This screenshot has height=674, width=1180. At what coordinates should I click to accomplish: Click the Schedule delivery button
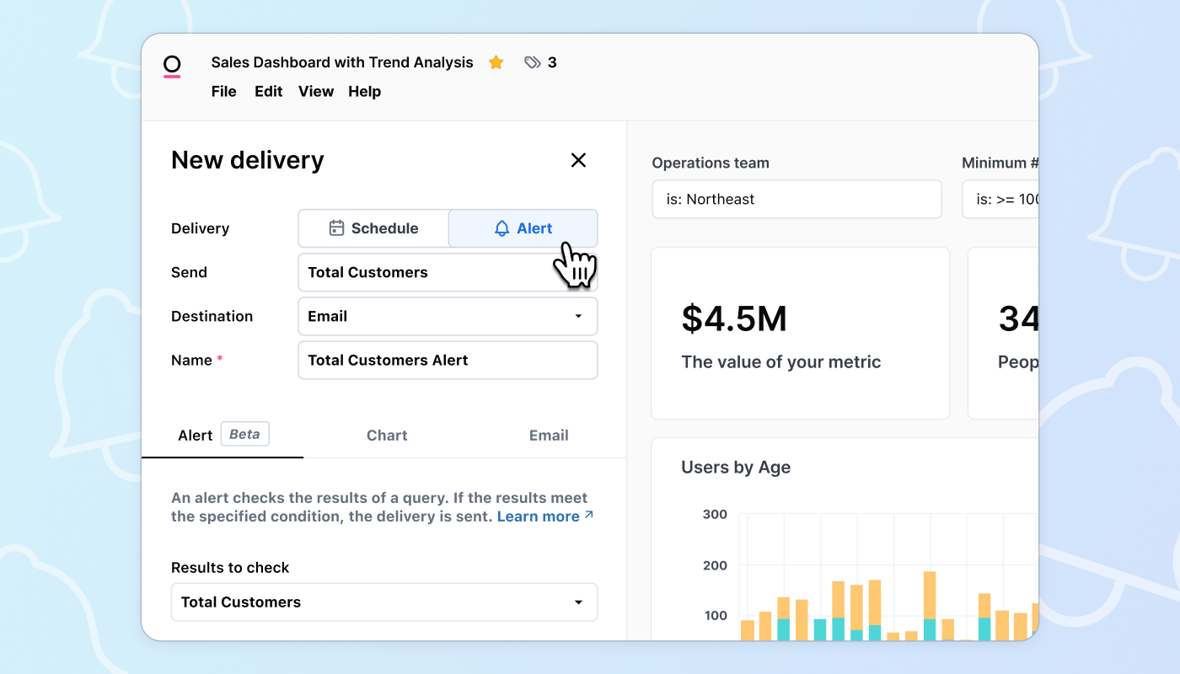coord(373,228)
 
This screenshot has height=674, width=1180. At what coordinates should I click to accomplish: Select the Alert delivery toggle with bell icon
coord(523,228)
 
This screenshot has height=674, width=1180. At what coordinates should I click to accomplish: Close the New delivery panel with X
coord(578,160)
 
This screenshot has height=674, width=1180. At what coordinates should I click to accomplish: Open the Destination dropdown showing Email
coord(448,317)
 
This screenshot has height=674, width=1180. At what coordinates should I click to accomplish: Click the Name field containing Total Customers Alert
coord(448,361)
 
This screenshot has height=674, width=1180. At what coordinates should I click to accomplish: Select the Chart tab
coord(387,436)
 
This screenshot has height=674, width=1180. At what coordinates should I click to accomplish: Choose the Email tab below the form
coord(549,436)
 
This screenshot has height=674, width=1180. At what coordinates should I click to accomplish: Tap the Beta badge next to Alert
coord(244,435)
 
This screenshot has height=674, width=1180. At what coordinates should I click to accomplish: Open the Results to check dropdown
coord(384,602)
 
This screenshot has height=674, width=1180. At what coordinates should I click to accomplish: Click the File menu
coord(223,92)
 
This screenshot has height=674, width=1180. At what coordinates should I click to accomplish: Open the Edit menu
coord(269,92)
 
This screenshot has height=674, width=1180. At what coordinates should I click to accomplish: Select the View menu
coord(316,92)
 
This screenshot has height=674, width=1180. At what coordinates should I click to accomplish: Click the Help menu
coord(364,92)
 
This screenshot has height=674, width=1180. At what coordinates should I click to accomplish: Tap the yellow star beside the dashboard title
coord(496,62)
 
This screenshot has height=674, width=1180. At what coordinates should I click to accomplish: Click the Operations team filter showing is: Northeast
coord(796,200)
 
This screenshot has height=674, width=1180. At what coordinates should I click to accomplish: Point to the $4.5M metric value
coord(734,319)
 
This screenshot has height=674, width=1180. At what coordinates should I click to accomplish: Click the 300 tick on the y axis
coord(715,515)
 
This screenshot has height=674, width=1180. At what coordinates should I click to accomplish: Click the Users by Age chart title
coord(736,468)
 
